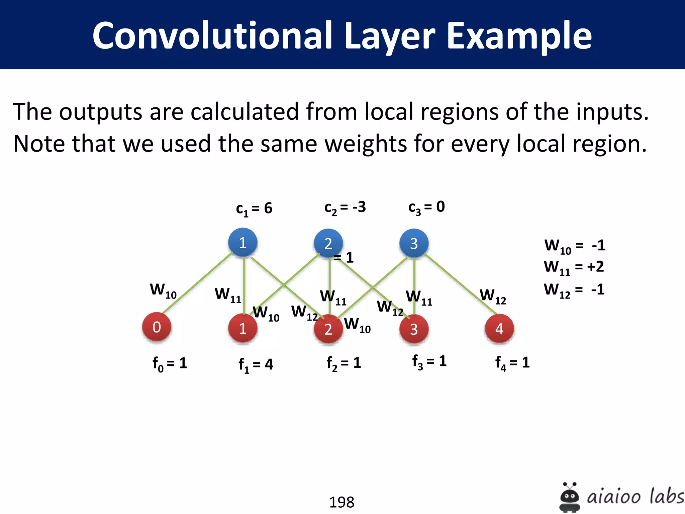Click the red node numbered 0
coord(157,327)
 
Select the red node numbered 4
coord(499,329)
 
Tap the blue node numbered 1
coord(243,243)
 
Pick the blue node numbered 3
coord(414,243)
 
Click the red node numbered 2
coord(328,329)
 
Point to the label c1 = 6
coord(254,209)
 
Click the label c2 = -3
coord(345,208)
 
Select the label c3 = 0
coord(426,207)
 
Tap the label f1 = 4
coord(256,365)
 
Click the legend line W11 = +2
coord(574,267)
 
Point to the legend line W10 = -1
coord(574,246)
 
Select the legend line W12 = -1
coord(574,290)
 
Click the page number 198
coord(341,502)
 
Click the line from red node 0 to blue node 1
coord(197,283)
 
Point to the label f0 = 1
coord(170,364)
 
